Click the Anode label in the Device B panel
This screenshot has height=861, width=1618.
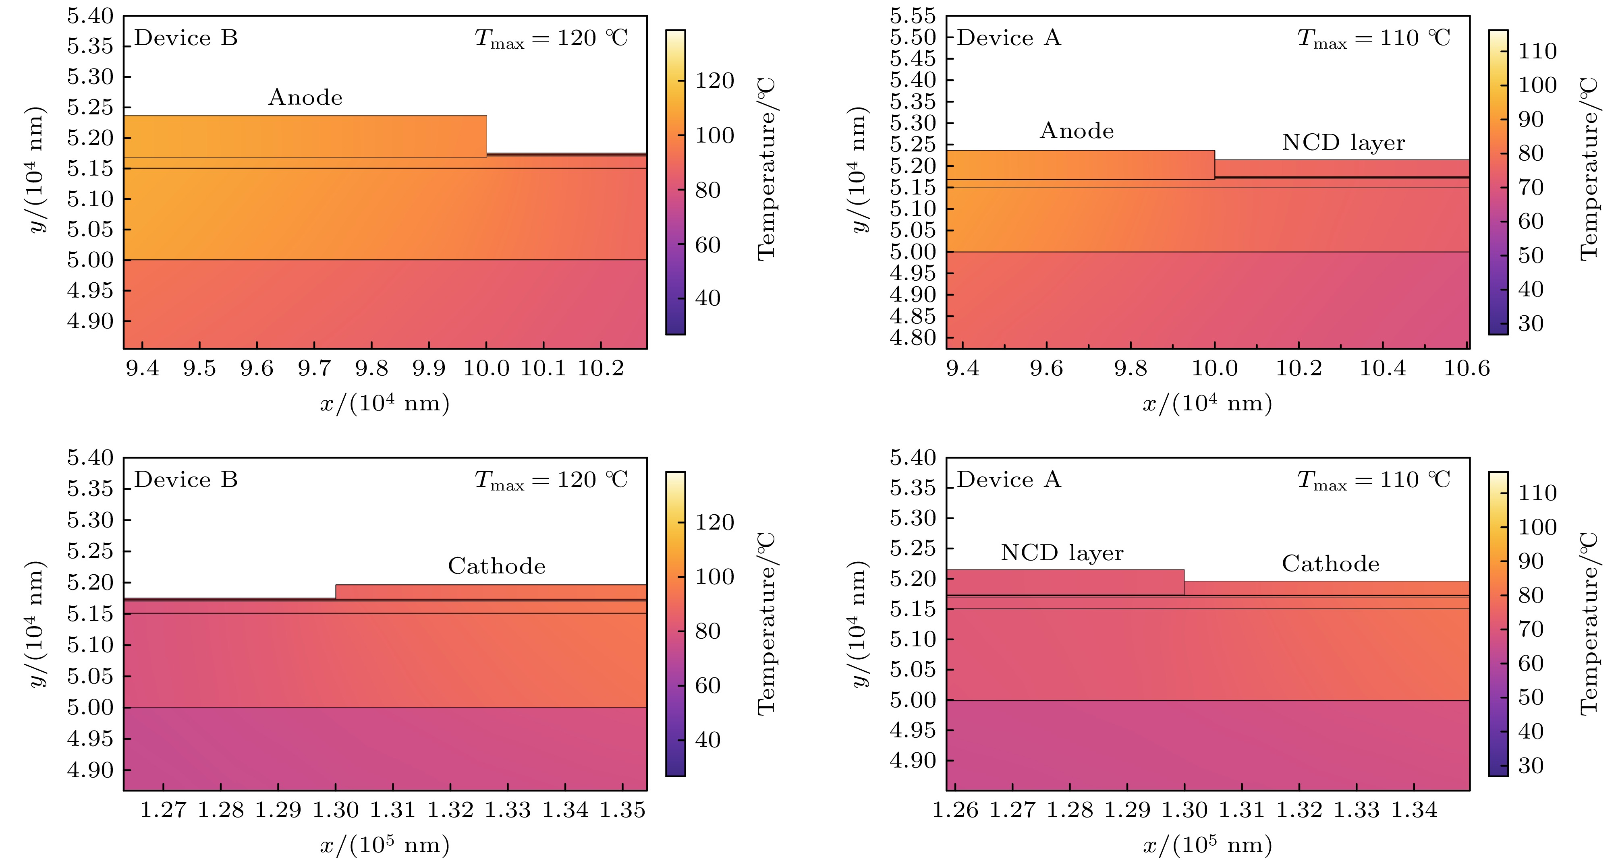tap(305, 97)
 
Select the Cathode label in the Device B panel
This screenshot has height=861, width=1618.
tap(496, 567)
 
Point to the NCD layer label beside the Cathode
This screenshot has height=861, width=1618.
tap(1062, 553)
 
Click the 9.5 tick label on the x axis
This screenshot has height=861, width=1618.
tap(200, 368)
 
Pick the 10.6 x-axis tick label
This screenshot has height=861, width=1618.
tap(1467, 368)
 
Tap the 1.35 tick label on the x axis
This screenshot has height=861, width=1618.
tap(622, 811)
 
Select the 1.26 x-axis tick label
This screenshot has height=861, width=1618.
tap(955, 811)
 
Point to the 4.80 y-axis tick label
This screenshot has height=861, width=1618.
tap(913, 338)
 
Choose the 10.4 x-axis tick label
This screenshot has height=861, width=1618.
tap(1382, 368)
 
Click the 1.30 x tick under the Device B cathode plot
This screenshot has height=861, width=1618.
tap(336, 811)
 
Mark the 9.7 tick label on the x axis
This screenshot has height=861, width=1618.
tap(314, 368)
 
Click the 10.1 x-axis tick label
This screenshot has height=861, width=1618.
tap(543, 368)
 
